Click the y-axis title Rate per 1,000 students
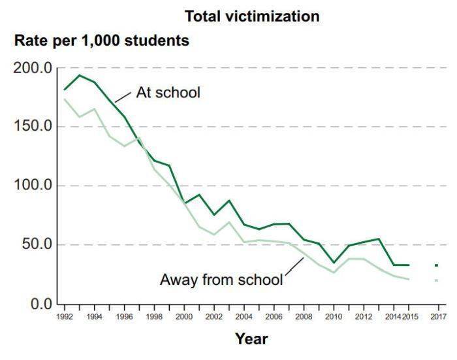point(102,41)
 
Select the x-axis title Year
point(251,338)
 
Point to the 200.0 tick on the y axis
point(33,68)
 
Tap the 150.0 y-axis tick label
point(33,126)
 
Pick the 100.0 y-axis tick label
point(33,186)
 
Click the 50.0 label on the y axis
point(37,245)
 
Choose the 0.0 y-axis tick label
point(40,304)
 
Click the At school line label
point(168,92)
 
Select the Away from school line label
point(221,280)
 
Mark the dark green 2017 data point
point(436,265)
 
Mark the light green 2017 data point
point(436,280)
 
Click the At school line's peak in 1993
point(79,75)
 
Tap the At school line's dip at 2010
point(334,263)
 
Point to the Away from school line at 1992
point(64,99)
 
